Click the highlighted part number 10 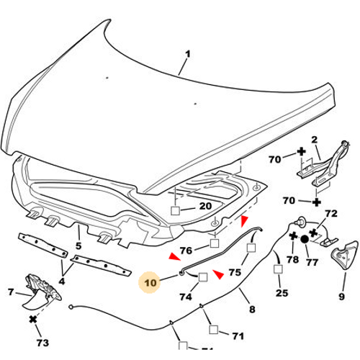pyautogui.click(x=150, y=283)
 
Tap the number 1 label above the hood pyautogui.click(x=188, y=54)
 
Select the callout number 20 pyautogui.click(x=205, y=206)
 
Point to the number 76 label pyautogui.click(x=186, y=251)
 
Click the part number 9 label pyautogui.click(x=341, y=297)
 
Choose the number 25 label pyautogui.click(x=282, y=293)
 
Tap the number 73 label pyautogui.click(x=42, y=343)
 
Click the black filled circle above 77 pyautogui.click(x=305, y=239)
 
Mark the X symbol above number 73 pyautogui.click(x=33, y=320)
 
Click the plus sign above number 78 pyautogui.click(x=293, y=236)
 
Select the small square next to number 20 pyautogui.click(x=175, y=211)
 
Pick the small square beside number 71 pyautogui.click(x=214, y=330)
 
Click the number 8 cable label pyautogui.click(x=252, y=309)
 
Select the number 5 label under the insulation pyautogui.click(x=78, y=246)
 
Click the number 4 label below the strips pyautogui.click(x=62, y=281)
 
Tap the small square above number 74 pyautogui.click(x=203, y=277)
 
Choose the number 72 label pyautogui.click(x=331, y=213)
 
